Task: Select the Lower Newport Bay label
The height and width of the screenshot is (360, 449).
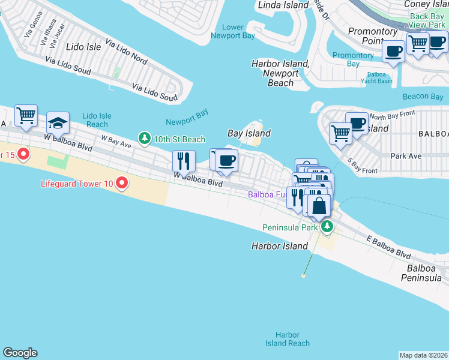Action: tap(232, 31)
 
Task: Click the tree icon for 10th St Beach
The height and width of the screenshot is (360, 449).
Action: tap(144, 139)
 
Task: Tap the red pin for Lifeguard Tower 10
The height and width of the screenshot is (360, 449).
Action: tap(122, 182)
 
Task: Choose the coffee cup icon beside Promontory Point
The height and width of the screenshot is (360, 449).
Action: tap(394, 52)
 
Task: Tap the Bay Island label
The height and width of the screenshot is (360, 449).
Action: tap(249, 133)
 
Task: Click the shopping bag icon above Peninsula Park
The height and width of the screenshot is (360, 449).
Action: tap(320, 205)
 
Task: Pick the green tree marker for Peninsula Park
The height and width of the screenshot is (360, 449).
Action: tap(327, 227)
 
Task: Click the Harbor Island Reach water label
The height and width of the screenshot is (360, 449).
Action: tap(288, 339)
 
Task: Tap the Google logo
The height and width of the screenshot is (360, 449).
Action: tap(20, 353)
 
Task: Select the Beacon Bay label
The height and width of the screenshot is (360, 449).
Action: tap(423, 97)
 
